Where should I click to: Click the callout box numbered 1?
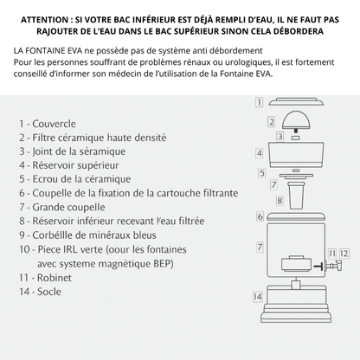point(259,102)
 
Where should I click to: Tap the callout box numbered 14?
point(257,296)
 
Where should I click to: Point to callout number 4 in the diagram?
point(259,152)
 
